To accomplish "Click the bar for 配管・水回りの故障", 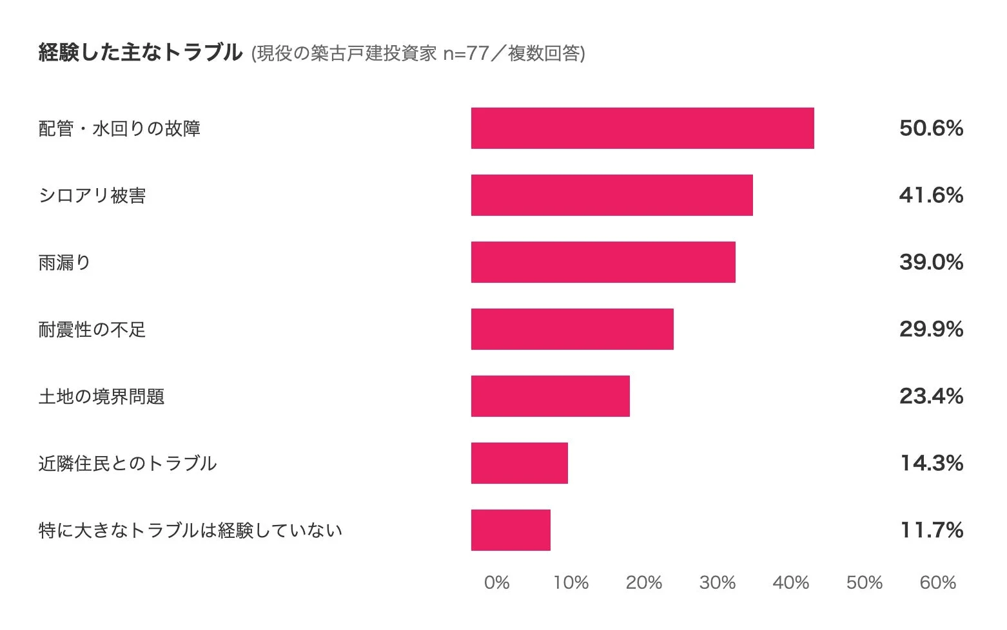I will [642, 128].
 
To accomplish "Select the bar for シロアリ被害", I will [612, 195].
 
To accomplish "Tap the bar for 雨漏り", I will [603, 262].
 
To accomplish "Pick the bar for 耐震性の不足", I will [572, 329].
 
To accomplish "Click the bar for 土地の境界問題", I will [550, 396].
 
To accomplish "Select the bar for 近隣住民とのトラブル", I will [519, 463].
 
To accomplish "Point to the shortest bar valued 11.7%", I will [511, 530].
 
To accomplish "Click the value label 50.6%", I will [930, 128].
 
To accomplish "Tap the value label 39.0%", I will [930, 262].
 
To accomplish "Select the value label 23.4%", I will [930, 396].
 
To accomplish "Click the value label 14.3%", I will [931, 463].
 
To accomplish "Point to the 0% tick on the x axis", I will [496, 583].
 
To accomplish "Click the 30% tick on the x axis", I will [717, 583].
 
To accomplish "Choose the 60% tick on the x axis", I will [937, 583].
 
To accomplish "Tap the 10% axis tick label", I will [571, 583].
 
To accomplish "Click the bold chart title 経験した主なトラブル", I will [140, 52].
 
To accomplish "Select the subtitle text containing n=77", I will [418, 53].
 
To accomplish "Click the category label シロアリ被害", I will [92, 195].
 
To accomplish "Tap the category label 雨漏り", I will [64, 262].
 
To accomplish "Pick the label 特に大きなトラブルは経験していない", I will [190, 530].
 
